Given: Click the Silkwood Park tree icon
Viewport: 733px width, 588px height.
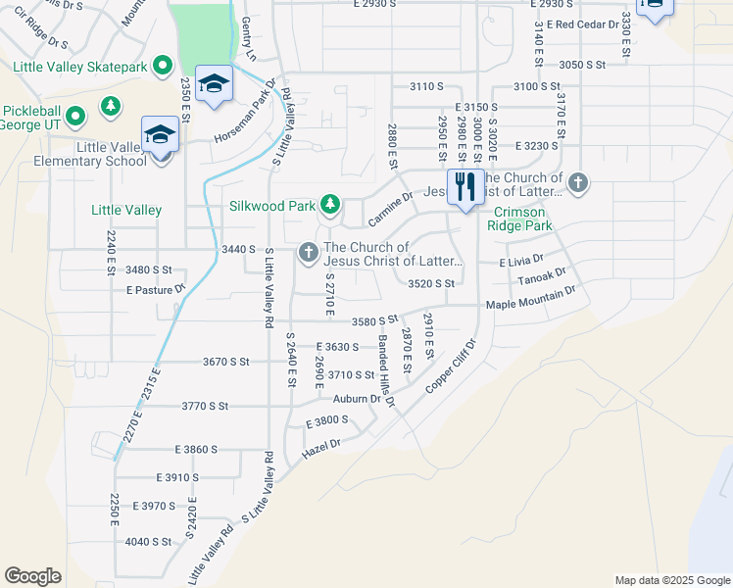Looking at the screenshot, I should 331,204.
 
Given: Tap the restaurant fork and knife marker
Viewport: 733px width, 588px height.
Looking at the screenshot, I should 464,186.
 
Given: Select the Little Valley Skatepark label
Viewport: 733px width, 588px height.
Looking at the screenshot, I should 79,67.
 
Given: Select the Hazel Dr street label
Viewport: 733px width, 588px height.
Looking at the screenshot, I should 320,449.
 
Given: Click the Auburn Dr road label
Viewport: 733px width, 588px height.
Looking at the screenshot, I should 356,399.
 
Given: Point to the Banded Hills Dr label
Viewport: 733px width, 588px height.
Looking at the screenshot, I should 387,370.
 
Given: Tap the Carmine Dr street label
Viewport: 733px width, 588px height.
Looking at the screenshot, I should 388,210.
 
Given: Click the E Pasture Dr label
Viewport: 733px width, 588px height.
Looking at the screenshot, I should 156,290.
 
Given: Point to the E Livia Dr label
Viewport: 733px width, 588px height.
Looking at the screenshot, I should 519,263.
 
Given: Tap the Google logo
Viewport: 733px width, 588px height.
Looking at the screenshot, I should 32,576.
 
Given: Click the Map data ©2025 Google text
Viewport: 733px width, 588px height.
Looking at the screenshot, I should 672,580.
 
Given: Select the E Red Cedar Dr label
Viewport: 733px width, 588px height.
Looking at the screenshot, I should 584,24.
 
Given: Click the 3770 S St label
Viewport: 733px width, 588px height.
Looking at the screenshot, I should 205,406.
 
